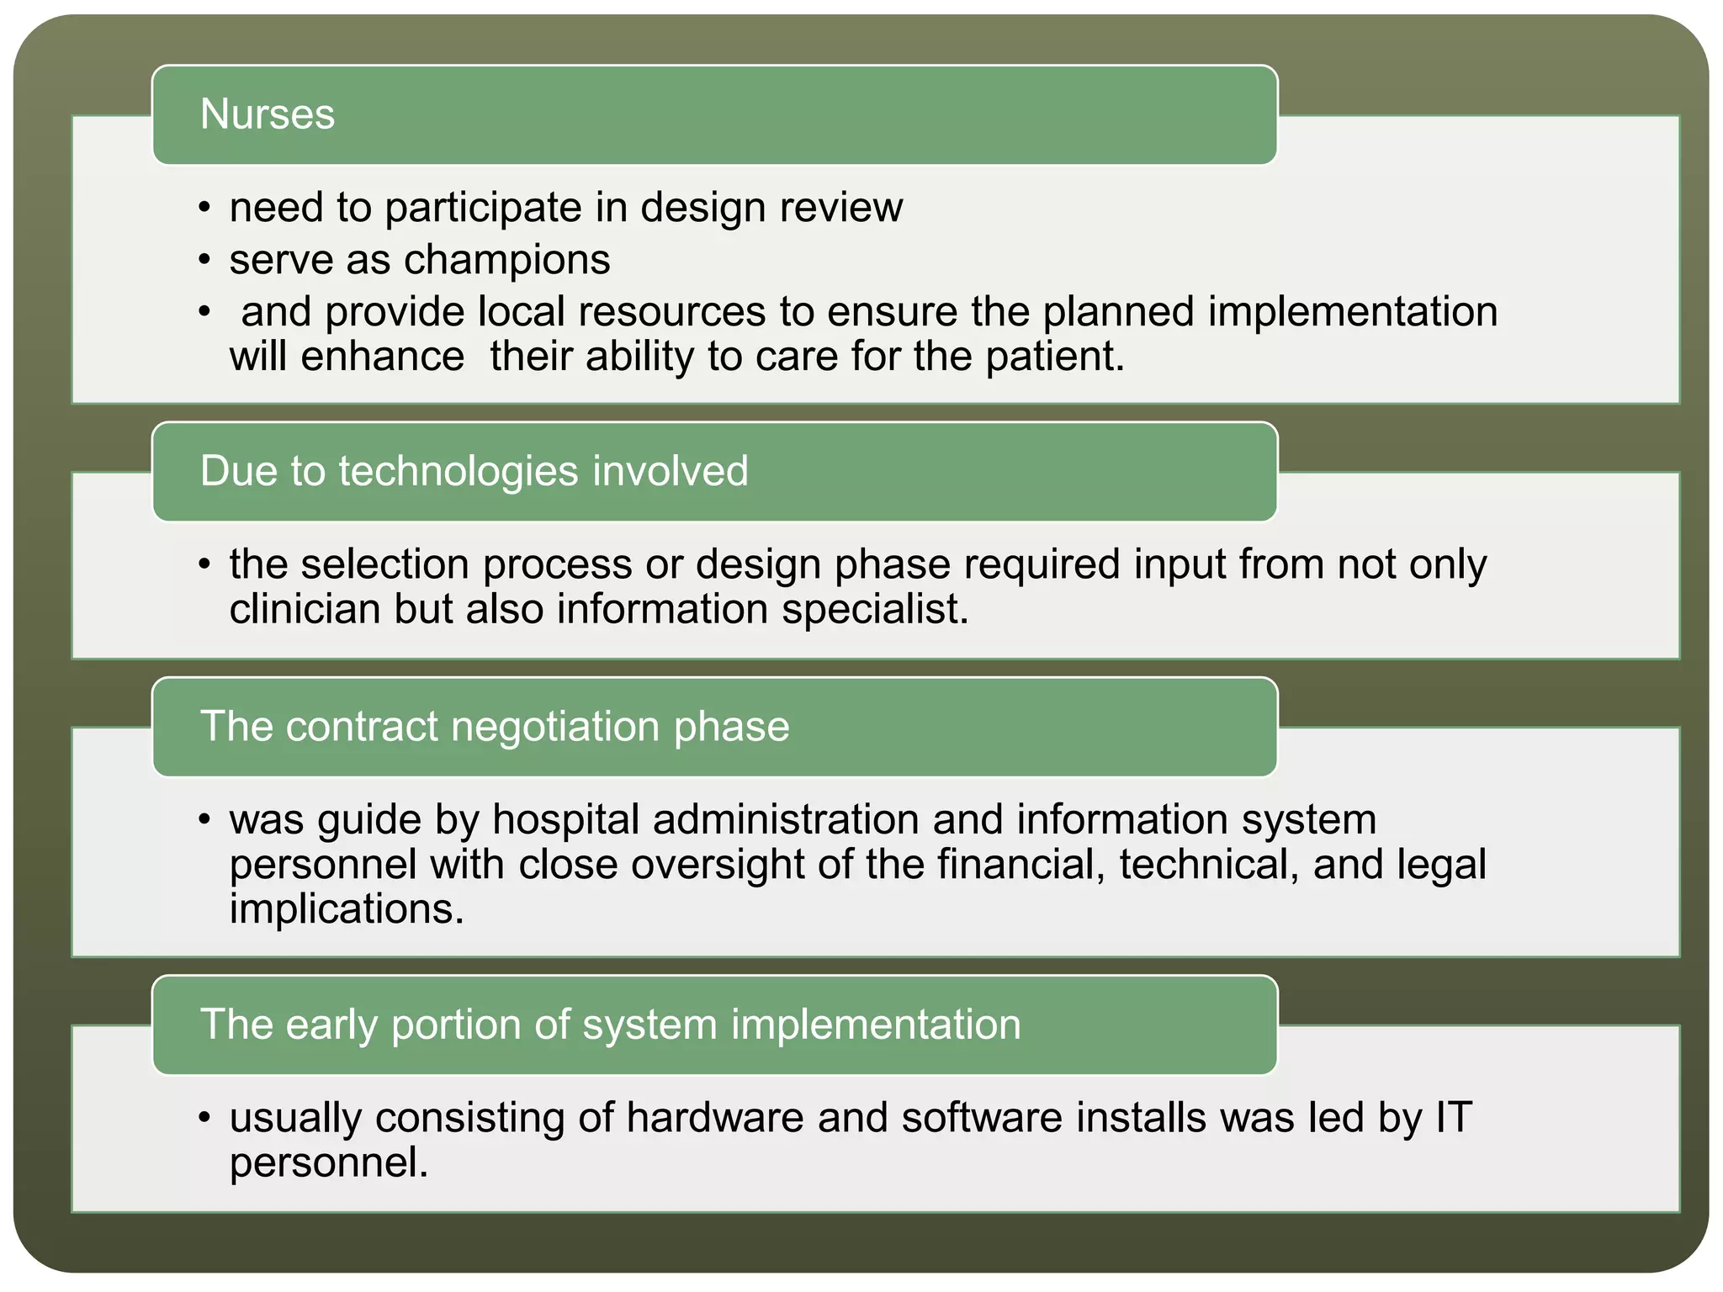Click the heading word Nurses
[x=267, y=114]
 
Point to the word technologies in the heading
[x=459, y=471]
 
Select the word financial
[x=1021, y=865]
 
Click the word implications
[x=346, y=909]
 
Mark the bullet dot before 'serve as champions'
[x=204, y=261]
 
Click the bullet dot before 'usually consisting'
[x=204, y=1119]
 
